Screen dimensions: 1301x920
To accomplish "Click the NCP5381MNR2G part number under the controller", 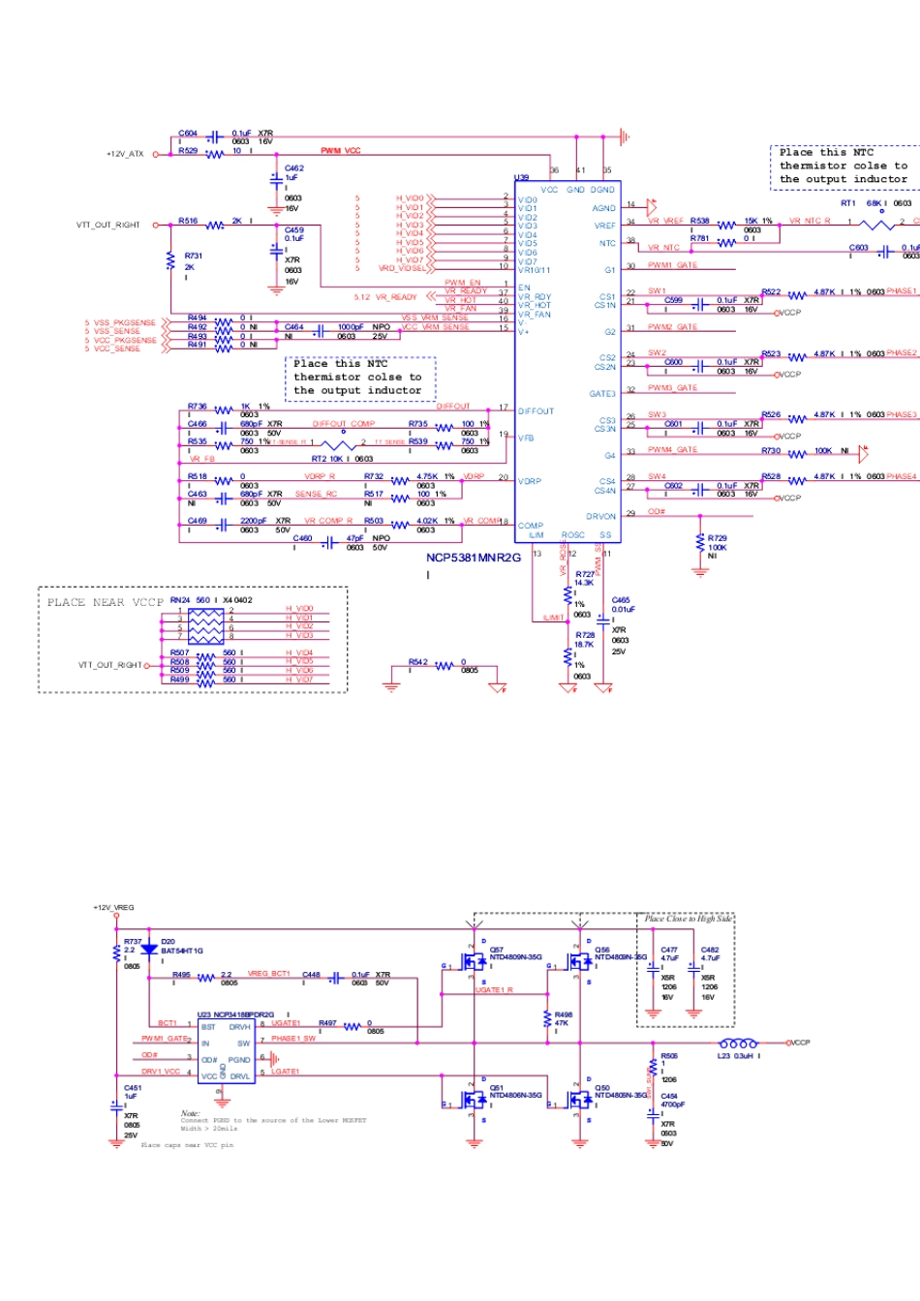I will click(x=474, y=558).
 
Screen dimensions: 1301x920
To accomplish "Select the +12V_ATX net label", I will click(x=125, y=154).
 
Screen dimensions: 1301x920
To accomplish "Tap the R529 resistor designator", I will click(x=188, y=151).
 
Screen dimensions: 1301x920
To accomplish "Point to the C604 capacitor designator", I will click(x=188, y=134).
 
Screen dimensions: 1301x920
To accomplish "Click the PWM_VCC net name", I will click(x=341, y=151).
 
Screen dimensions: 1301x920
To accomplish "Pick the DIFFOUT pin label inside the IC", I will click(x=537, y=411).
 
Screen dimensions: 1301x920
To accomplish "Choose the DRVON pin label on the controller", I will click(x=600, y=517).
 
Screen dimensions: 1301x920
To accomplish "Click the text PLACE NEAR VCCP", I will click(x=105, y=602).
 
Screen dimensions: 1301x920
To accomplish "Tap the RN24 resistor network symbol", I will click(x=205, y=626).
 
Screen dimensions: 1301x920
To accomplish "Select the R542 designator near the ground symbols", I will click(x=417, y=662).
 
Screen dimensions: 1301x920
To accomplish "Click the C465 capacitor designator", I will click(x=621, y=600).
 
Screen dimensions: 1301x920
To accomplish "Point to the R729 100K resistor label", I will click(x=718, y=538).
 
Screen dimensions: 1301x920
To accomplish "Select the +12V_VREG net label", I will click(x=113, y=908).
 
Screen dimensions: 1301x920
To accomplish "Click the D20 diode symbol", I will click(x=149, y=950).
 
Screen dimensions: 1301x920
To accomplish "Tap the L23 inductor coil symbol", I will click(x=739, y=1044).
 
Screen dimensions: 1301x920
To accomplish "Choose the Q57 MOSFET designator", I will click(x=497, y=950).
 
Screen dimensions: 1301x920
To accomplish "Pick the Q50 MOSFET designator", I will click(x=602, y=1087).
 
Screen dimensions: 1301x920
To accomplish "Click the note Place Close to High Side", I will click(x=689, y=919).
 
